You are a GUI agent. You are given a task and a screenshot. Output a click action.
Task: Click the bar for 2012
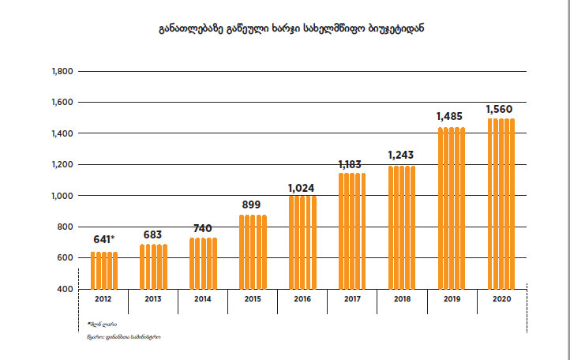(103, 270)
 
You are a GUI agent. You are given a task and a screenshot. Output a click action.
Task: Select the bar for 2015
(253, 252)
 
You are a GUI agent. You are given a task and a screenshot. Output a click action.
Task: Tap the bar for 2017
(352, 231)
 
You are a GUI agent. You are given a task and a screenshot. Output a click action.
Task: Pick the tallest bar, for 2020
(501, 203)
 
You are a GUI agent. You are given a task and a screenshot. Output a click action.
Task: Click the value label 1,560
(501, 110)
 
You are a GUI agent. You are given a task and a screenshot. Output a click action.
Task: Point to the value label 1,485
(452, 117)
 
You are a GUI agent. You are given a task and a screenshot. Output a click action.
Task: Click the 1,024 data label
(302, 187)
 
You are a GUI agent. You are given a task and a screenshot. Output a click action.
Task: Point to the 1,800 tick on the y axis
(61, 72)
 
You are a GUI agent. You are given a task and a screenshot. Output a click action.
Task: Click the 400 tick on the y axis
(66, 289)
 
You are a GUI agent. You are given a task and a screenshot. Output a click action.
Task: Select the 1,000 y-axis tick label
(61, 196)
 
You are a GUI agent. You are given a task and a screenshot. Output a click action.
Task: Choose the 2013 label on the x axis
(153, 301)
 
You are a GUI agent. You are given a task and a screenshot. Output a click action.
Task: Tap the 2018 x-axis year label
(402, 301)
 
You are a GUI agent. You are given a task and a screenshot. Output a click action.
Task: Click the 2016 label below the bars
(302, 301)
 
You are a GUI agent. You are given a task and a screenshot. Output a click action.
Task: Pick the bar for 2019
(452, 208)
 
